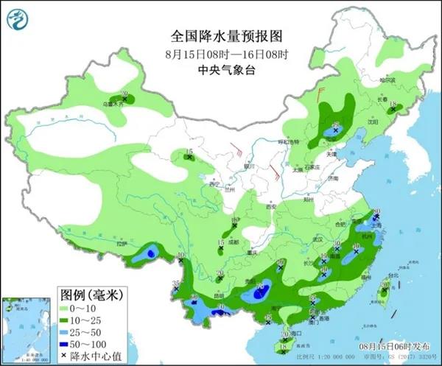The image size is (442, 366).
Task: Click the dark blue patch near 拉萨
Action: [x=150, y=253]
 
